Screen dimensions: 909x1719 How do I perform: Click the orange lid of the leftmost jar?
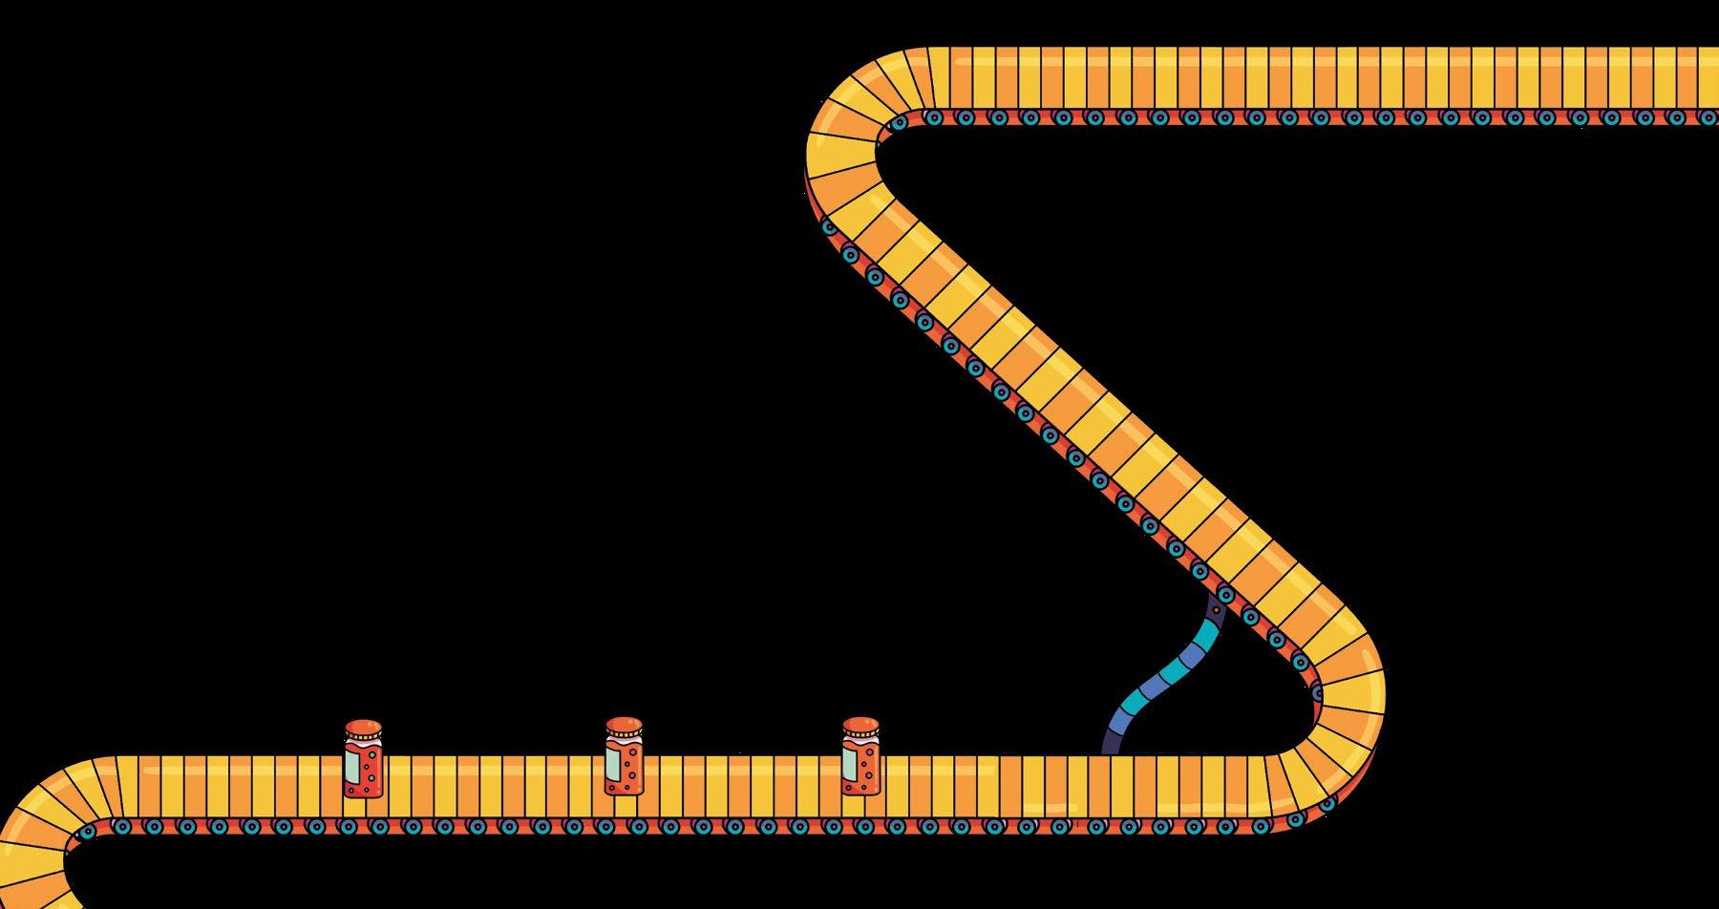point(363,728)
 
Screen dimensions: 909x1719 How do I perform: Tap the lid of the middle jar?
point(624,725)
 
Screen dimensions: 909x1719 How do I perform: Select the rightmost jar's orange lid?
point(860,725)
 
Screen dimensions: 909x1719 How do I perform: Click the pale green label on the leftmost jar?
point(353,767)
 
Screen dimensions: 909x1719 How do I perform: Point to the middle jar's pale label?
point(613,763)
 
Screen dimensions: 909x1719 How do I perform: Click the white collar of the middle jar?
point(624,739)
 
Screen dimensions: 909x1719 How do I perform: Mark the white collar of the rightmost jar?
point(860,738)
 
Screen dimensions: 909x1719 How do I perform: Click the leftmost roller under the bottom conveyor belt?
point(87,832)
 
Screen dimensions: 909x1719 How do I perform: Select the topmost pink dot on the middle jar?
point(629,750)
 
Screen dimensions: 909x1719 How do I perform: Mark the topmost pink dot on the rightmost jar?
point(866,749)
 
